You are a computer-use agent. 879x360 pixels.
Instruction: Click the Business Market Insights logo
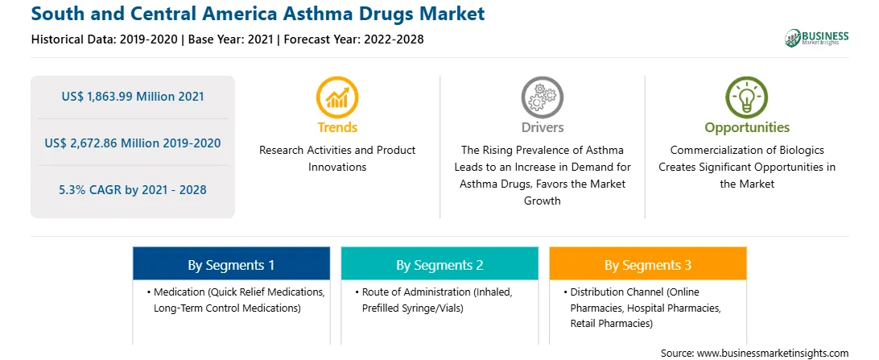816,38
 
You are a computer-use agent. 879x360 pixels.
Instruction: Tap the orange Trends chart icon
337,97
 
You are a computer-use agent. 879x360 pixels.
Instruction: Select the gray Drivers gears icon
542,97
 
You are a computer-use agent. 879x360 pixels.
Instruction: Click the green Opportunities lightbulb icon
747,97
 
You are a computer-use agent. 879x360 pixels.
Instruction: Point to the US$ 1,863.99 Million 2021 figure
133,97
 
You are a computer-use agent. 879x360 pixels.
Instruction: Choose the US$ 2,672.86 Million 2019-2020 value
133,143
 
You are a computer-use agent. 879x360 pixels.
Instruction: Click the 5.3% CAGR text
133,190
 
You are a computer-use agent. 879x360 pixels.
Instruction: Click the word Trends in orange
337,128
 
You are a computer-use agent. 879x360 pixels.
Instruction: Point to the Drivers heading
542,128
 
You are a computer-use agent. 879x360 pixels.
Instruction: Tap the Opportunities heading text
747,128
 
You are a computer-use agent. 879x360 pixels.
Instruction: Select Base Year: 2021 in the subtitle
230,39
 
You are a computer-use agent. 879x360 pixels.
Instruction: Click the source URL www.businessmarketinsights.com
773,353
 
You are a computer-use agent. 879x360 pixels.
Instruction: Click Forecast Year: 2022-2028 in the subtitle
352,39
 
